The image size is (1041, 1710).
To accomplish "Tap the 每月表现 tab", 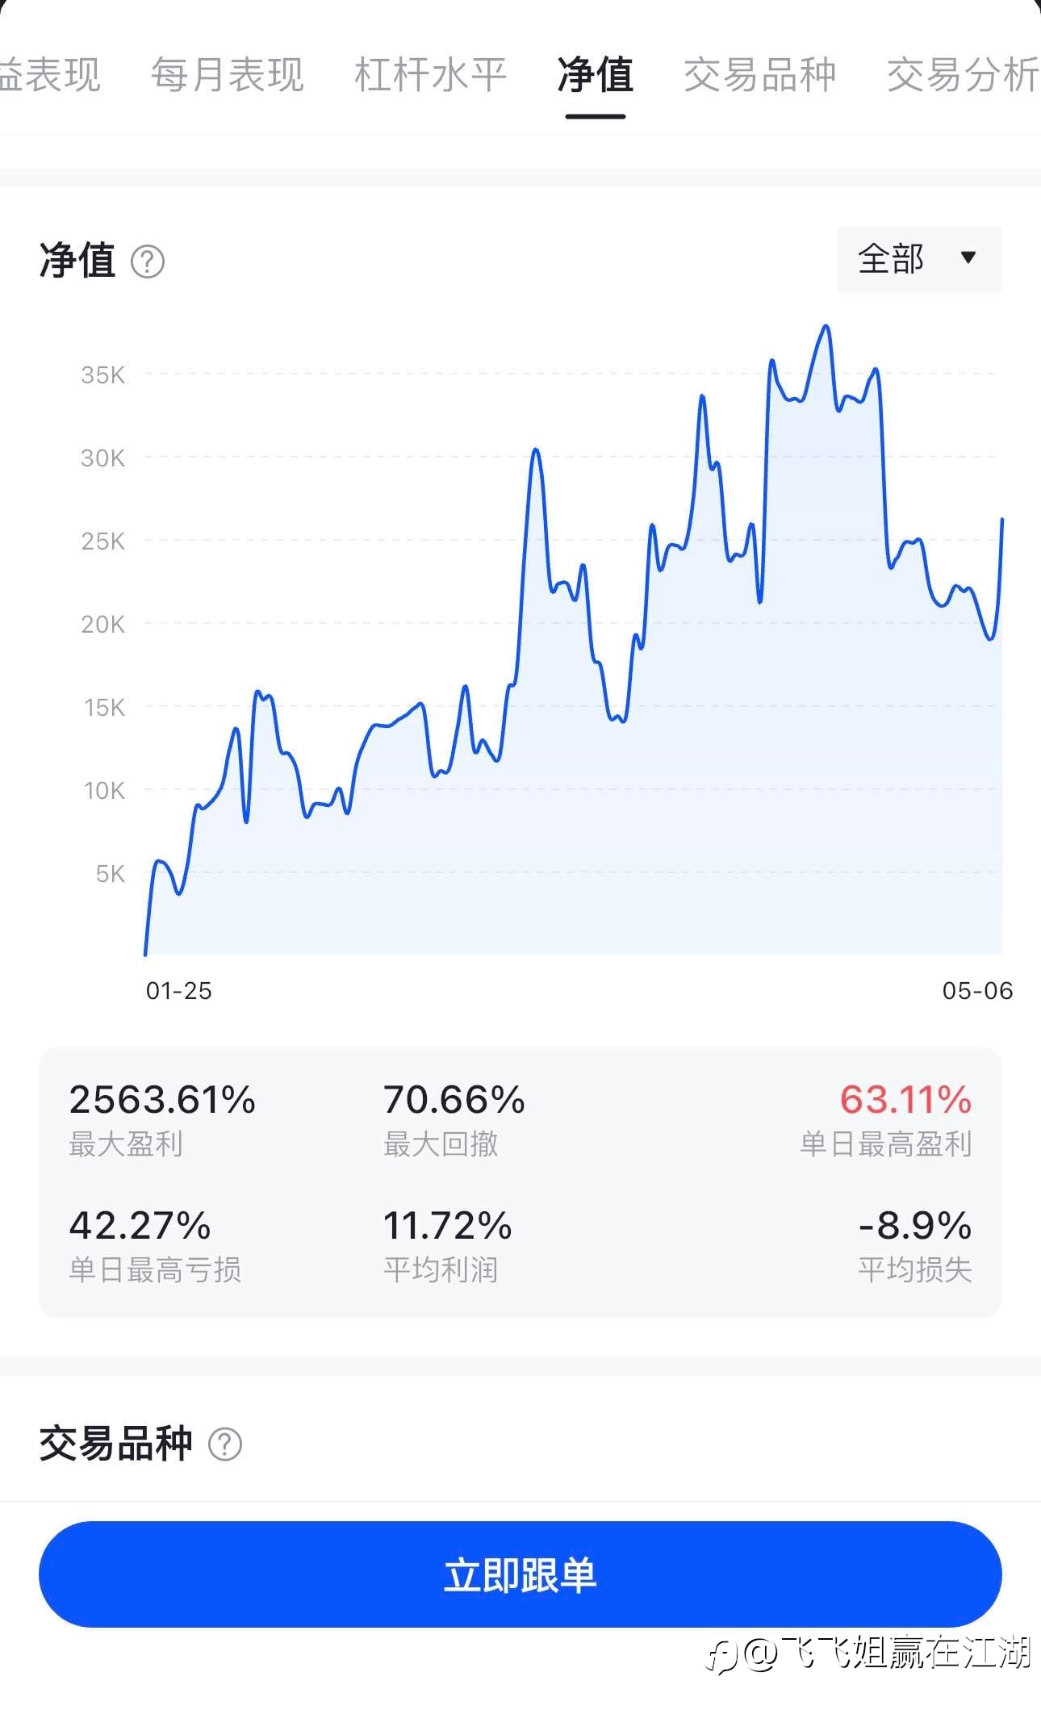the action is [x=228, y=75].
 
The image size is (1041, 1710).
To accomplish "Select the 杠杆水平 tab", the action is [x=430, y=75].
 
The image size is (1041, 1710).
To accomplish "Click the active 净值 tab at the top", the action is [x=596, y=75].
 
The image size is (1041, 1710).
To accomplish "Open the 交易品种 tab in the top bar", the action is [x=759, y=75].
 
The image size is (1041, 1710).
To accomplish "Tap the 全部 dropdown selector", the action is [x=919, y=259].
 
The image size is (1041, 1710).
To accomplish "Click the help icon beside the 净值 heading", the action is [x=148, y=262].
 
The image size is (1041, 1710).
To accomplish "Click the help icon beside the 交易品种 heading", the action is [x=225, y=1444].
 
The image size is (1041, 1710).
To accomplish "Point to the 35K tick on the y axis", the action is [x=102, y=374].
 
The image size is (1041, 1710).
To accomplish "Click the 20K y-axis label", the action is [x=102, y=624].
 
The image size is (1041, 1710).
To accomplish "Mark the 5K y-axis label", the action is [x=110, y=873].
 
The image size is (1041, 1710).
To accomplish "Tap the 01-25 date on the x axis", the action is [x=179, y=991].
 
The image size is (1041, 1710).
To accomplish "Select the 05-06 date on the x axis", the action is [x=977, y=991].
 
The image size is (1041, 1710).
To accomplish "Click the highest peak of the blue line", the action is [x=826, y=326].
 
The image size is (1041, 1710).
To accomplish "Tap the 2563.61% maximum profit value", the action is [x=162, y=1100].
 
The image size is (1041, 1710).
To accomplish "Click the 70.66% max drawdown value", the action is [x=454, y=1100].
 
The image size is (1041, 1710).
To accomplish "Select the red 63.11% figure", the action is [x=905, y=1100].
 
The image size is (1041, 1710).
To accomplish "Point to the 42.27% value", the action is [x=140, y=1226].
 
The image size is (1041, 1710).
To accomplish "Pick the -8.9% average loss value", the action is [x=915, y=1226].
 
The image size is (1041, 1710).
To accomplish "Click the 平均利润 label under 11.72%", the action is [x=441, y=1270].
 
